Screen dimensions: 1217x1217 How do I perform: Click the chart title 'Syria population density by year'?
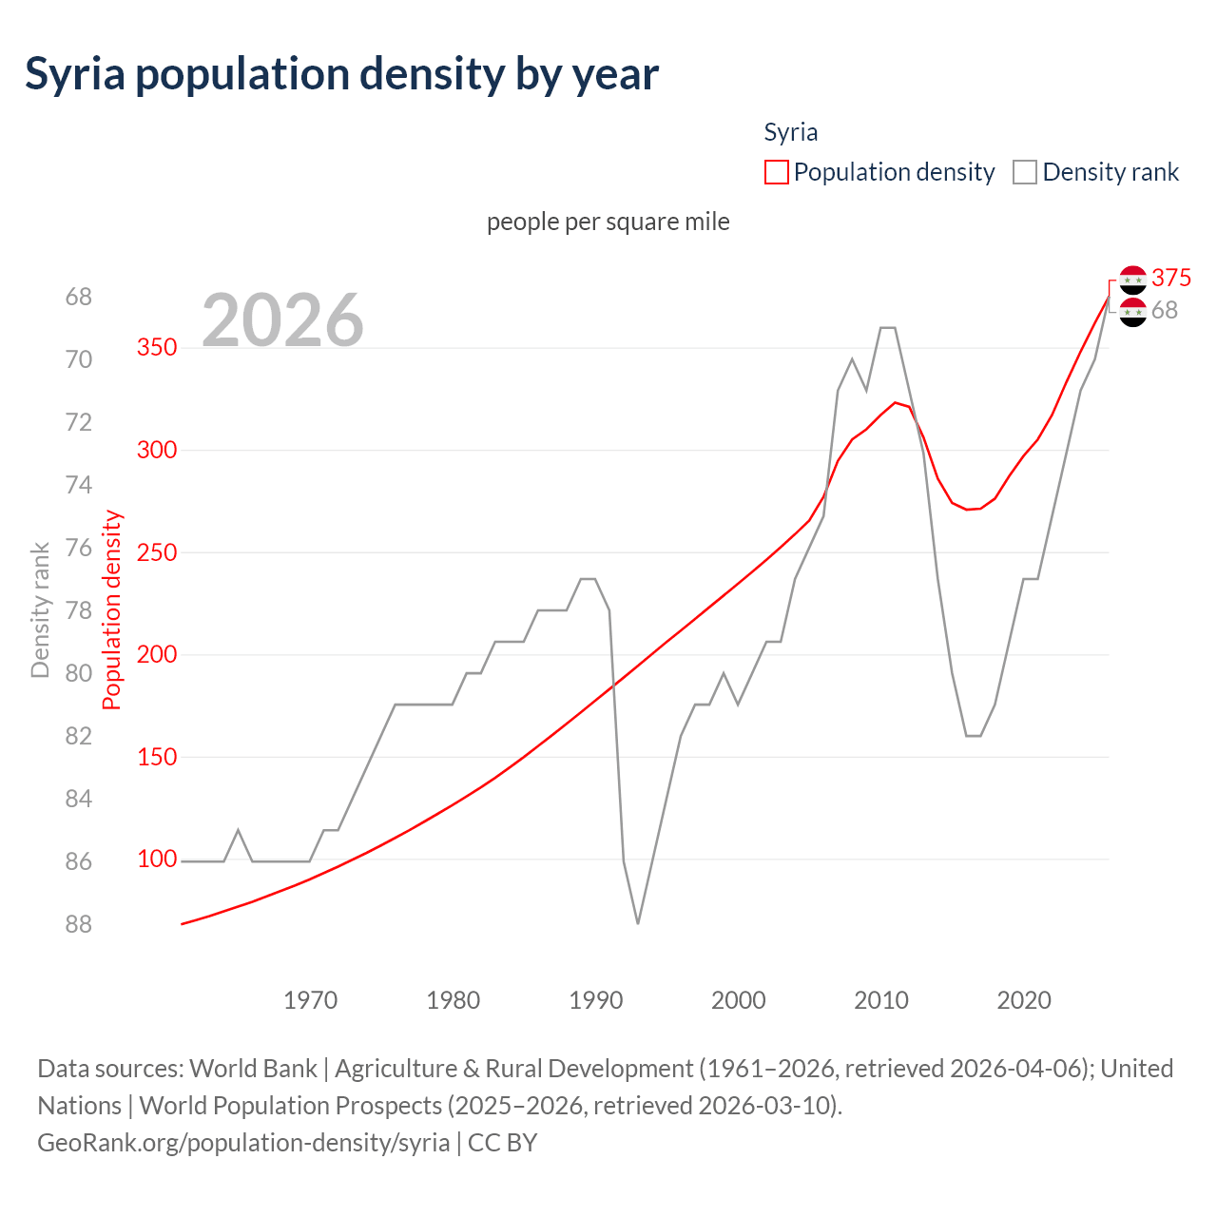[341, 74]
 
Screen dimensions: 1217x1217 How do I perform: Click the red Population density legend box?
[776, 172]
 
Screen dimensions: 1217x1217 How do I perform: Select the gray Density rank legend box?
[1024, 172]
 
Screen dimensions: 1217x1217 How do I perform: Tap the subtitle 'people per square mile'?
[608, 222]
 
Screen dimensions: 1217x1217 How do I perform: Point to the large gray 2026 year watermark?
[282, 320]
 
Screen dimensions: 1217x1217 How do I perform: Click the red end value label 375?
[1170, 278]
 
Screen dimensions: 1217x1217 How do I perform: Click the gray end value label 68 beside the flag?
[1164, 310]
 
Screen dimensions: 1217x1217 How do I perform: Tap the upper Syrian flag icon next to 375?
[1132, 280]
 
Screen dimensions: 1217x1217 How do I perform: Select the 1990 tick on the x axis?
[596, 1000]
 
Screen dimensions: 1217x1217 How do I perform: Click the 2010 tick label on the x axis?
[881, 1000]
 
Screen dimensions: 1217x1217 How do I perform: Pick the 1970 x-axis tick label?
[311, 1000]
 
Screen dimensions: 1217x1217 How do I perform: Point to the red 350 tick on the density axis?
[157, 347]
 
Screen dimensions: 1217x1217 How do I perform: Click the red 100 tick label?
[157, 859]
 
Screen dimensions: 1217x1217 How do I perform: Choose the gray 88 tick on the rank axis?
[79, 924]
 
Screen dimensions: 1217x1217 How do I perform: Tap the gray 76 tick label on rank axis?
[79, 548]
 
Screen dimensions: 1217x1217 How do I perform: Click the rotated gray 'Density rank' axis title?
[40, 610]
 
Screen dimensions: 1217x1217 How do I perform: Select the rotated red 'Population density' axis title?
[112, 610]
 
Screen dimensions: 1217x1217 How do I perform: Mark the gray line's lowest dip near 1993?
[637, 922]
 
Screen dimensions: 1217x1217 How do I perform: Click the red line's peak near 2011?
[895, 402]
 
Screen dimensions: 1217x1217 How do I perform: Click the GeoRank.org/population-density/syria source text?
[243, 1142]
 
